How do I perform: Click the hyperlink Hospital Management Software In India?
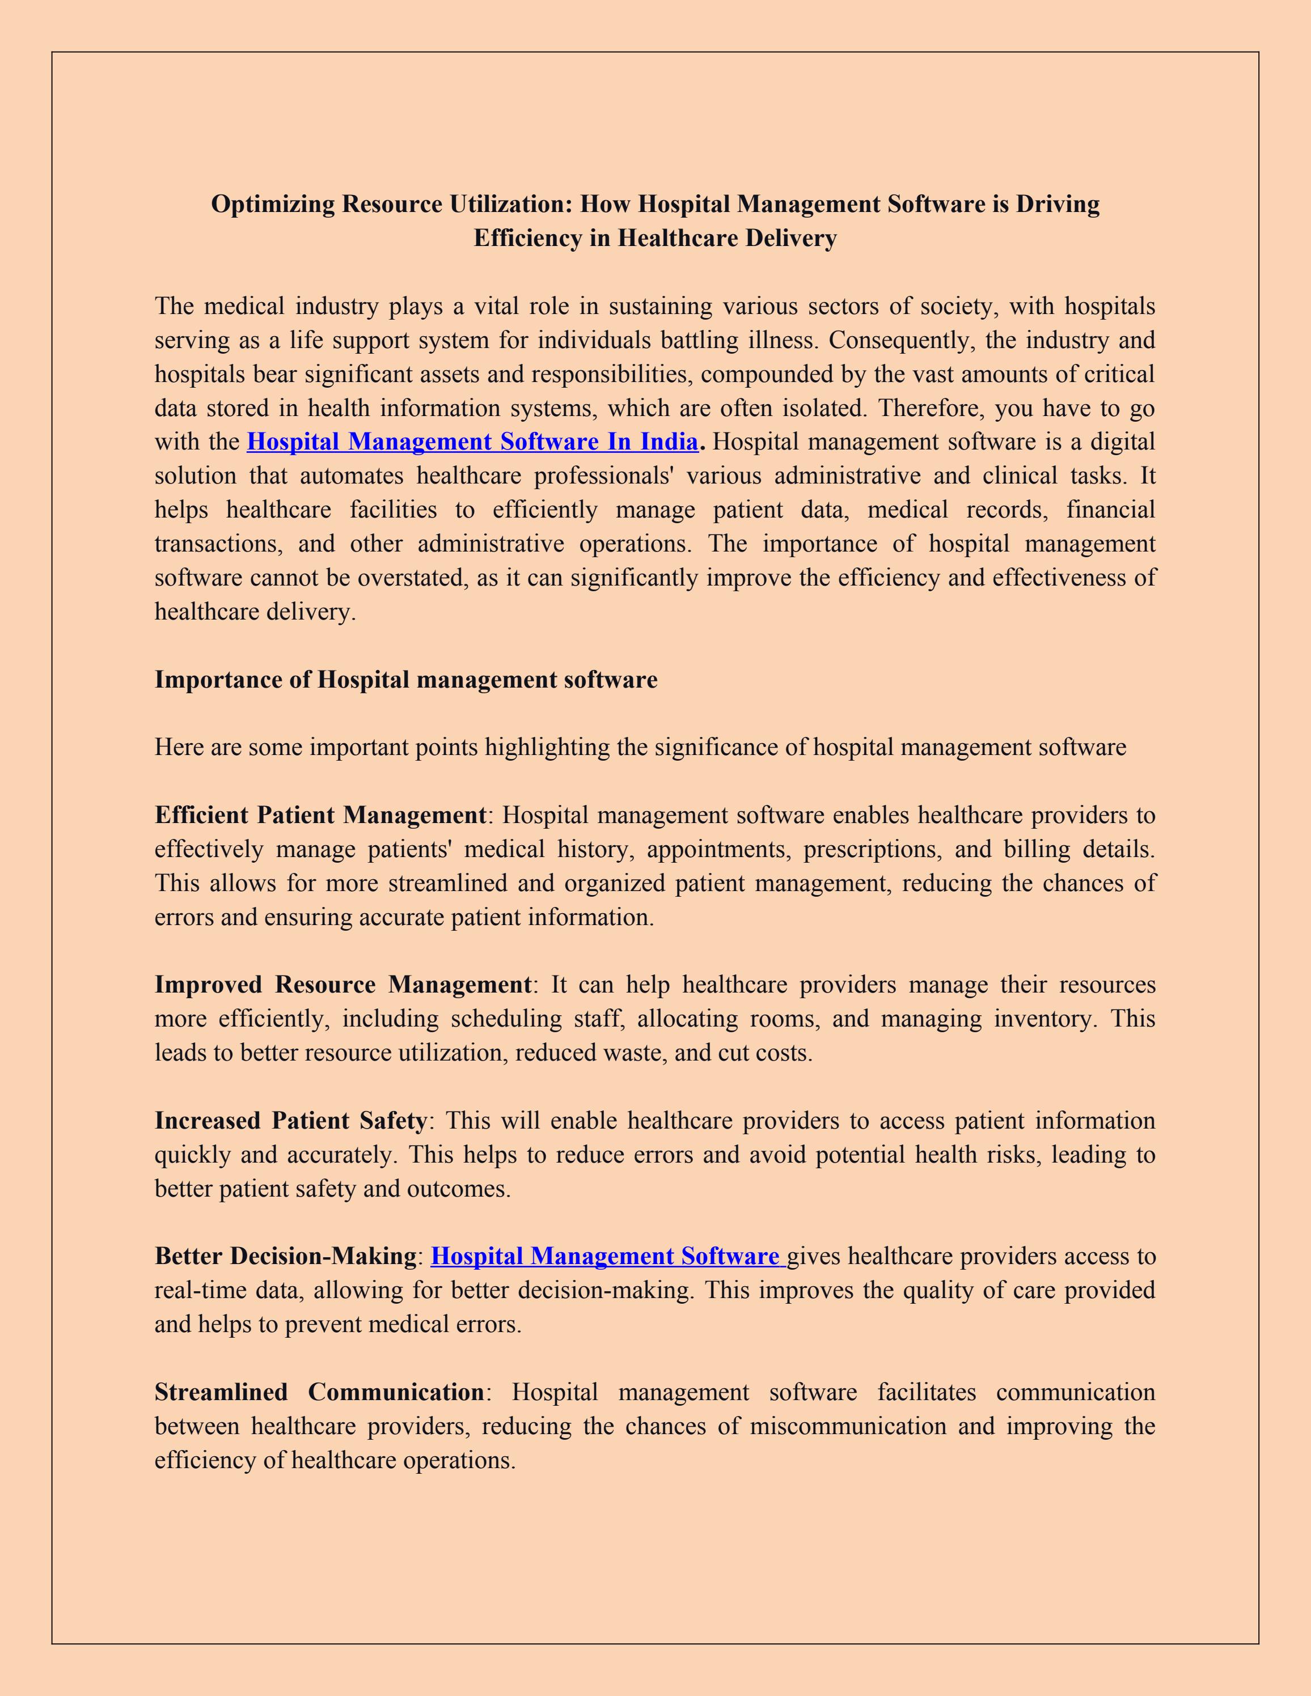(x=471, y=442)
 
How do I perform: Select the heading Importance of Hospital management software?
(x=405, y=680)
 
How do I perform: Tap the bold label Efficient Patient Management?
(x=320, y=815)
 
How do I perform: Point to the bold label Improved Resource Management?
(x=342, y=985)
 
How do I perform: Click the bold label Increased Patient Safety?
(x=290, y=1121)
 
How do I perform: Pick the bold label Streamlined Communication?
(x=319, y=1392)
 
